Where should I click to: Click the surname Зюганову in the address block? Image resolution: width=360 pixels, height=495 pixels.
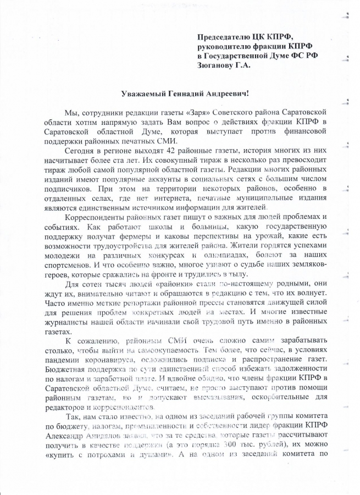tap(216, 65)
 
